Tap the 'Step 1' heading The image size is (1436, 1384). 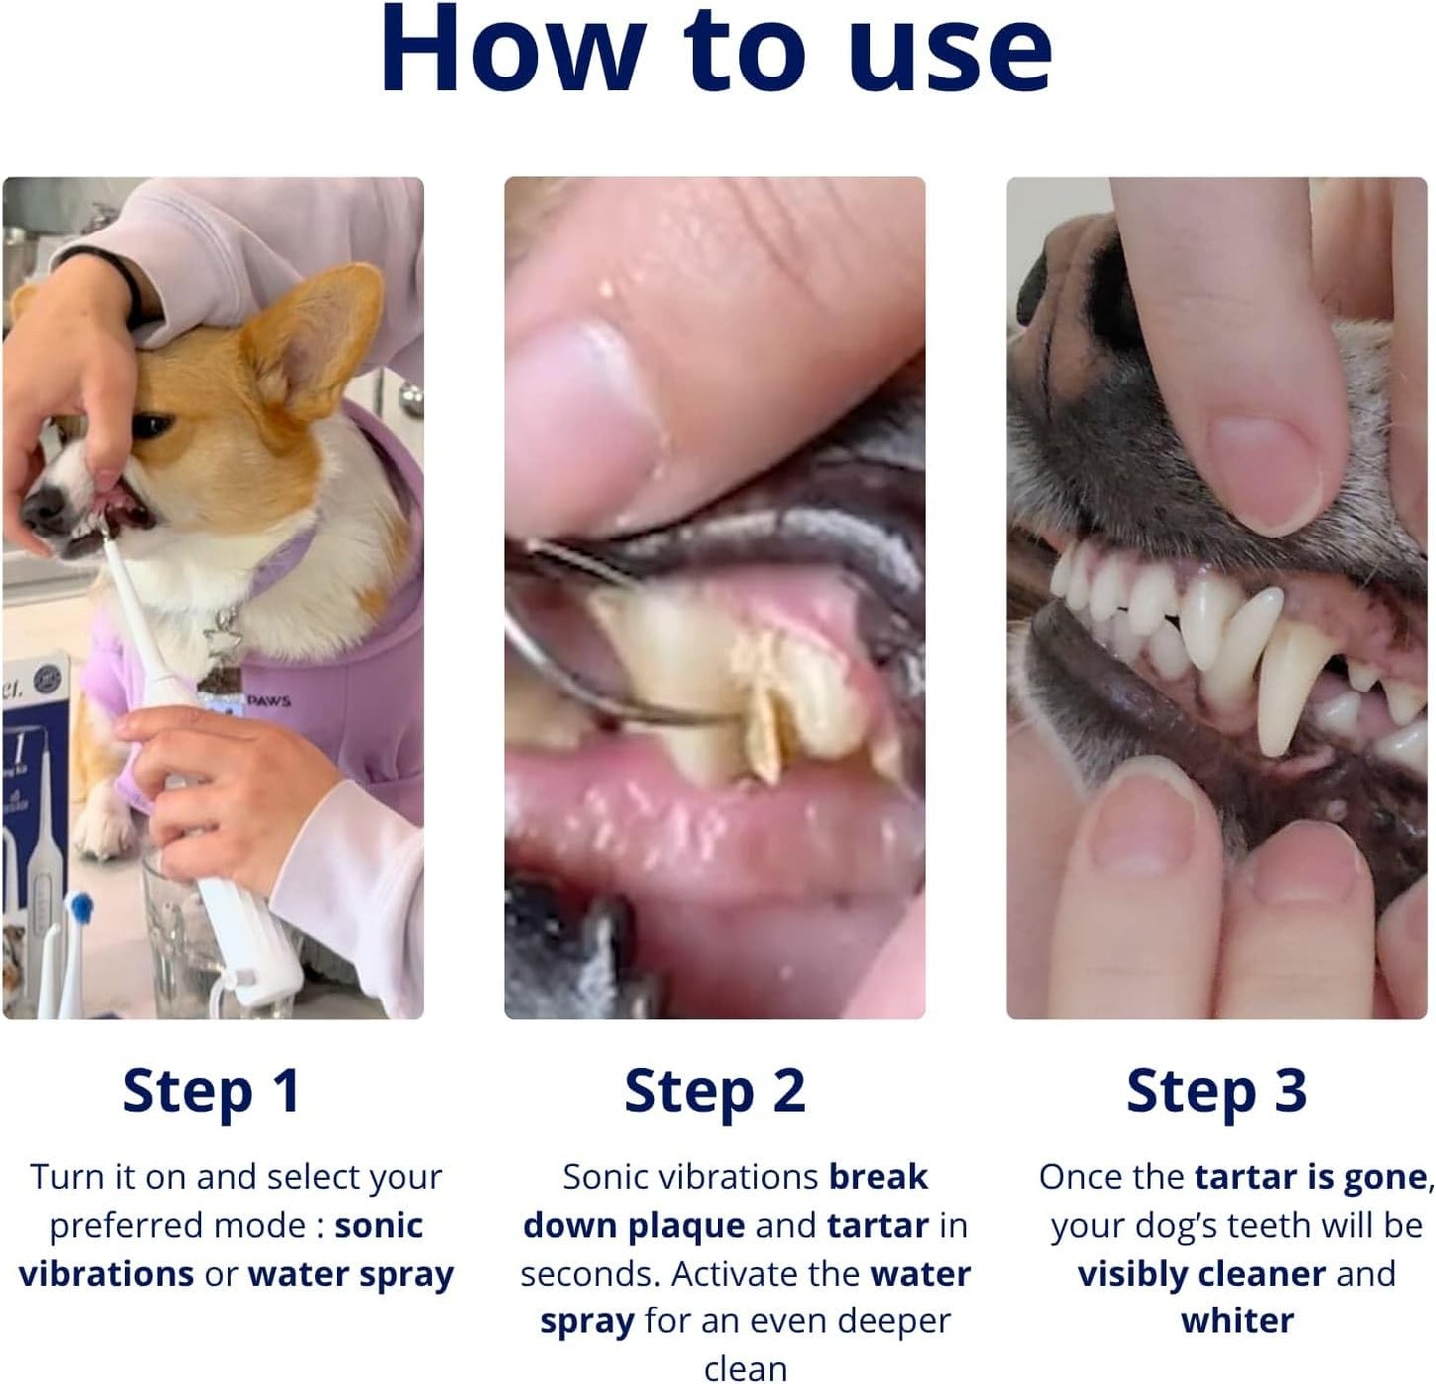pos(212,1092)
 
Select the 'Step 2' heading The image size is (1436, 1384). pos(715,1092)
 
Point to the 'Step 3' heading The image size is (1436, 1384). pos(1216,1092)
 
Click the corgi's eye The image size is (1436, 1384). pos(151,426)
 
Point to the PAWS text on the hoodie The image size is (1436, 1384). pos(268,701)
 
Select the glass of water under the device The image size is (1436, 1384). pos(184,934)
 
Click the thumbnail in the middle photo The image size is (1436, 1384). pos(586,417)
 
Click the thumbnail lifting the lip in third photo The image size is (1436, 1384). pos(1262,467)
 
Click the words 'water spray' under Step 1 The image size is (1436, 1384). pos(351,1274)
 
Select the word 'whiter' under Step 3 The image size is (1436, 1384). pos(1237,1321)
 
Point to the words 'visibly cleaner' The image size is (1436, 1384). pos(1201,1274)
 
